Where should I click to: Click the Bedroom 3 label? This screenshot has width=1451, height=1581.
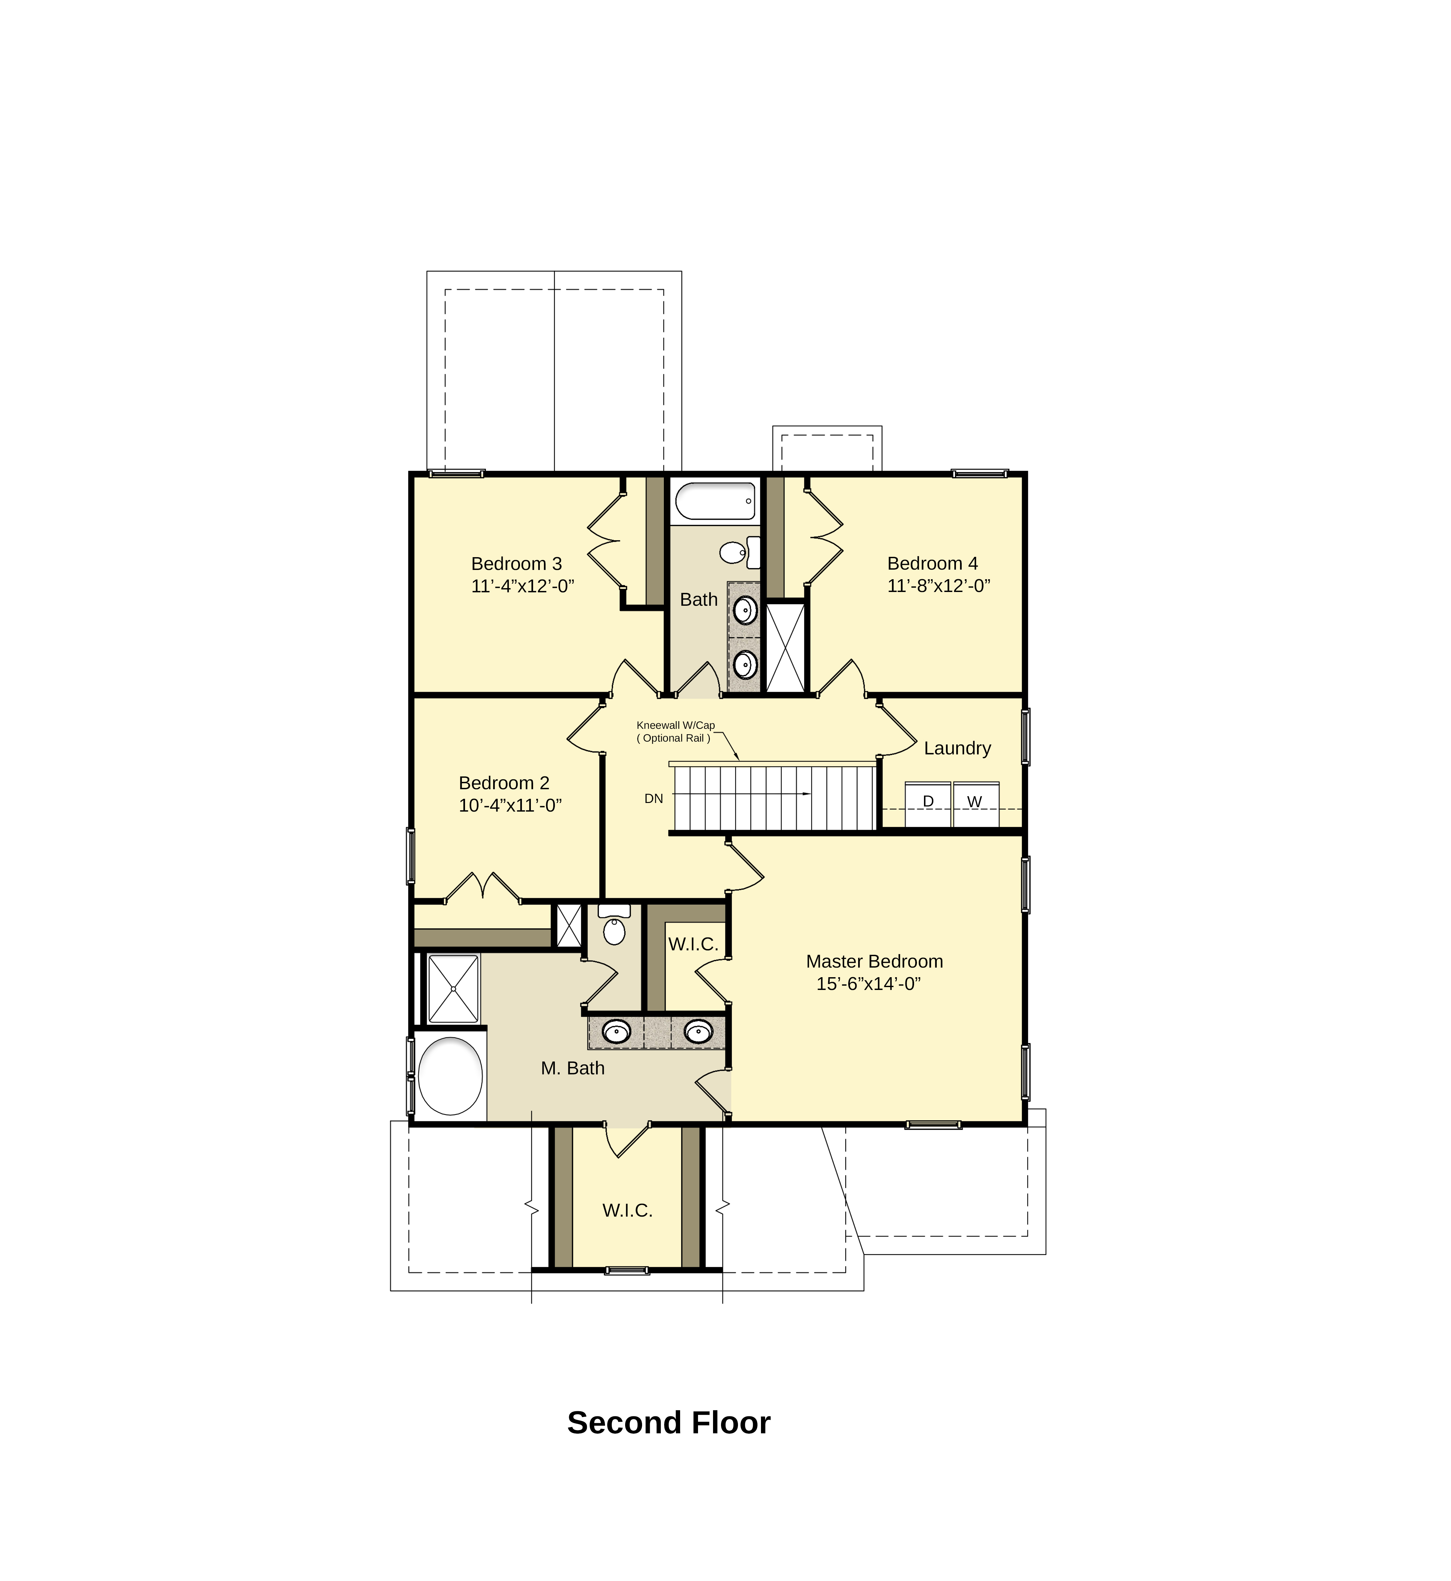pos(517,564)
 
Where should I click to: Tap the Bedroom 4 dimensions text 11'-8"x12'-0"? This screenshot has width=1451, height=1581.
pos(939,586)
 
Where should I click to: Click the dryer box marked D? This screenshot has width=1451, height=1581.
pos(928,804)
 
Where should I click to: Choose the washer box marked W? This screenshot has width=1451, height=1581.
pos(976,804)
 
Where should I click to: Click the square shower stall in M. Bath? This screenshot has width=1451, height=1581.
pos(453,989)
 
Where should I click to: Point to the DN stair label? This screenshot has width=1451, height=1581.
pos(654,799)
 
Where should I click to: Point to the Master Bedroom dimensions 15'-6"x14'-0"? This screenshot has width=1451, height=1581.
pos(868,984)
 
